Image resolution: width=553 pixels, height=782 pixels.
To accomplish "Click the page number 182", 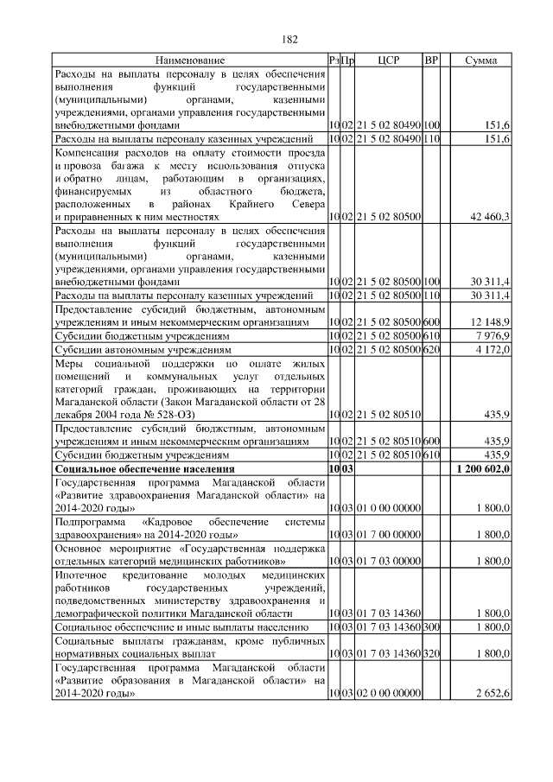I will [x=289, y=40].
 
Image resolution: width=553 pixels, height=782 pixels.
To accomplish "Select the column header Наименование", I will [x=190, y=60].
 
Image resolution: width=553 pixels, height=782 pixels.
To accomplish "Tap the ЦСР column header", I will [x=388, y=60].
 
